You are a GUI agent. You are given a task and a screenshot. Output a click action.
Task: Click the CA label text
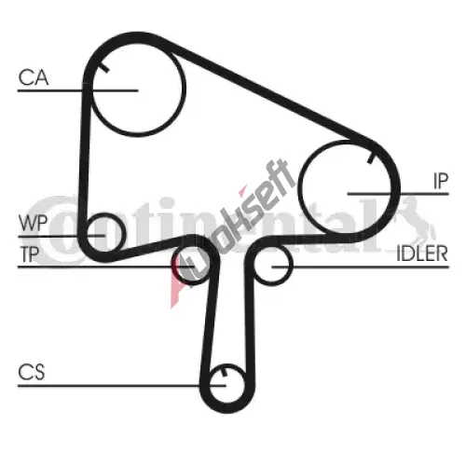coord(34,77)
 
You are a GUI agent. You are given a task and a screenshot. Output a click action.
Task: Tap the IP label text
coord(441,182)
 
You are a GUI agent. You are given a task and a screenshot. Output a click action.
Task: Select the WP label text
coord(33,223)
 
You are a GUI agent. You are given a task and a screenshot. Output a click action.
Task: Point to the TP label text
coord(30,254)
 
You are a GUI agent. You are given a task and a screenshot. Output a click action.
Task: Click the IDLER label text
coord(422,254)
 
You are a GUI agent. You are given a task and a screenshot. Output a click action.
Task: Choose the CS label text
coord(32,372)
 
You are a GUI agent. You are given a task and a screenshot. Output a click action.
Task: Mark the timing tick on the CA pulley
coord(104,68)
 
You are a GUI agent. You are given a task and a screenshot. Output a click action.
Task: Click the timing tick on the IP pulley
coord(371,158)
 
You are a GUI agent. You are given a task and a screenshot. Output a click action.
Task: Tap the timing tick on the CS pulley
coord(224,372)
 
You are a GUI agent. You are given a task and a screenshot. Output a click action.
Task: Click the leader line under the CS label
coord(121,386)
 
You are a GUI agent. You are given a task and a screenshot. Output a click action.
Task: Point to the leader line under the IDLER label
coord(360,267)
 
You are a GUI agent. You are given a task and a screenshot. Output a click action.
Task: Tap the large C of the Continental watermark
coord(54,230)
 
